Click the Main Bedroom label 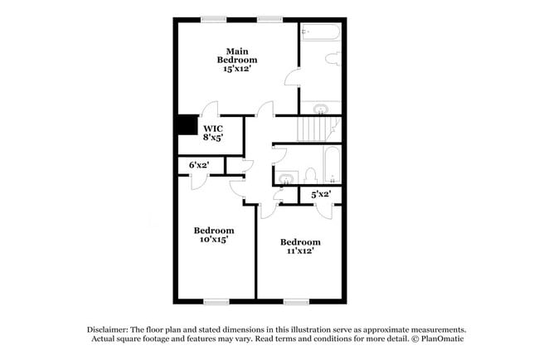[236, 60]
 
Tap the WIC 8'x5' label [212, 133]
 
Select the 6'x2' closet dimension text [198, 166]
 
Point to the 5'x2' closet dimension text [321, 194]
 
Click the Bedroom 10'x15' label [213, 234]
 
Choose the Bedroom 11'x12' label [299, 246]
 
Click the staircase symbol [319, 129]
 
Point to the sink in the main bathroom [322, 109]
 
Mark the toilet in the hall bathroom [310, 176]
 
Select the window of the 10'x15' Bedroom [216, 300]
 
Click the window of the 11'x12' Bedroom [295, 300]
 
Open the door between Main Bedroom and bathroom [292, 76]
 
